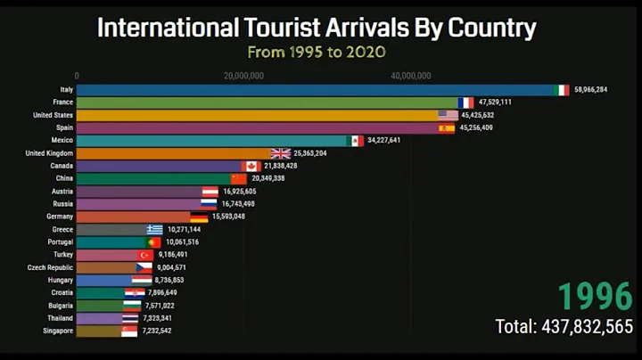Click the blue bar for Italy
click(x=312, y=90)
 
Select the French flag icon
click(x=465, y=102)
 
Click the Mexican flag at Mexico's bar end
click(x=355, y=141)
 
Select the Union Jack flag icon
click(x=281, y=153)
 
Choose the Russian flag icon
click(x=209, y=203)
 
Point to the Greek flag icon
click(x=155, y=229)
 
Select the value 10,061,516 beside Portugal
click(x=182, y=241)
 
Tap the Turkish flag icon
click(x=144, y=255)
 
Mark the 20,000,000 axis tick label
click(x=243, y=76)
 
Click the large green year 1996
click(x=595, y=297)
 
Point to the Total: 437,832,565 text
click(x=564, y=326)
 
